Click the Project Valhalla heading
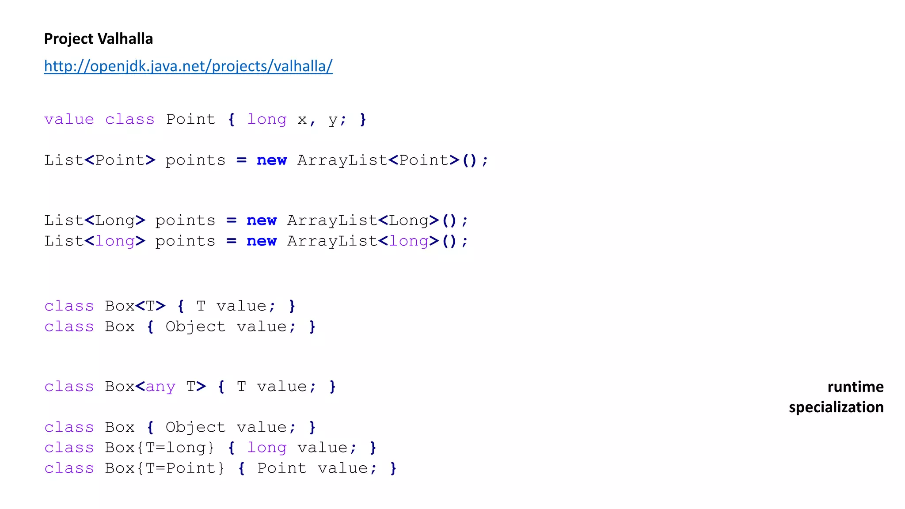(98, 39)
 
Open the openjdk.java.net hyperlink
(188, 66)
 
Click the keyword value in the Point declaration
(69, 119)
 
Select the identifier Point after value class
(190, 119)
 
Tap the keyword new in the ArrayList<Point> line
(271, 160)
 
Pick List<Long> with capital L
(95, 220)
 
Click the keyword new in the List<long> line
(262, 241)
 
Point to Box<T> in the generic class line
(135, 306)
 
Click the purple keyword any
(160, 387)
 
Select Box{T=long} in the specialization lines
(160, 448)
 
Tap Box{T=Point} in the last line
(165, 468)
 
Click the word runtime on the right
(855, 387)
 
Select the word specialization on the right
(836, 407)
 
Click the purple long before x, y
(266, 119)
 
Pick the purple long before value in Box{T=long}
(266, 448)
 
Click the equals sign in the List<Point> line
(241, 160)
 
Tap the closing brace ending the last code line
(393, 468)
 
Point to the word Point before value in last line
(282, 468)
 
